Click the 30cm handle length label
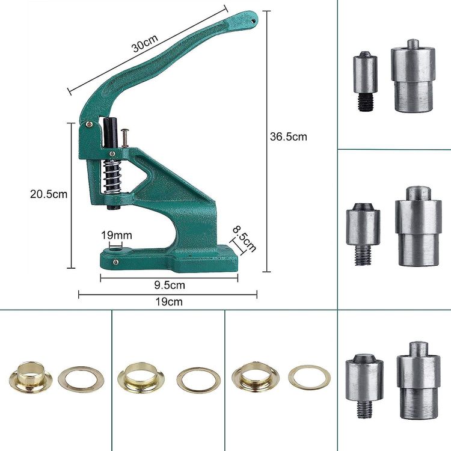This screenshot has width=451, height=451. (146, 44)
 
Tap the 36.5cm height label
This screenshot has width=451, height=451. (288, 137)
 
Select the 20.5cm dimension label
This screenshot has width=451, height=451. (49, 194)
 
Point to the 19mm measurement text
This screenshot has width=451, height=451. (117, 236)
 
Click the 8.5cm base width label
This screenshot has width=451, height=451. (245, 239)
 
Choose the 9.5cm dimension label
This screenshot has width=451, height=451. (170, 285)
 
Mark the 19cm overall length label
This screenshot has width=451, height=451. (169, 302)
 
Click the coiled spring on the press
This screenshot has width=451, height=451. (112, 176)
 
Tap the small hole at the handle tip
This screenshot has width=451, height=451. (253, 20)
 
